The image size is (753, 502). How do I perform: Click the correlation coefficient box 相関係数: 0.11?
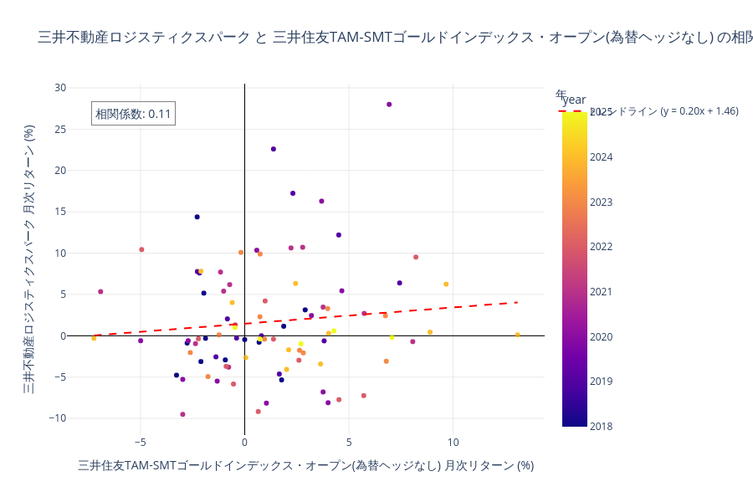pos(133,114)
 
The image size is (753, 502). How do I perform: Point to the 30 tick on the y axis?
pos(60,87)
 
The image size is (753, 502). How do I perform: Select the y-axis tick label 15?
pos(60,212)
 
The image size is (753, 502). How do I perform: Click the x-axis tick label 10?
pos(453,442)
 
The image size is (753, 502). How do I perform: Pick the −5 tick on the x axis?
pos(140,442)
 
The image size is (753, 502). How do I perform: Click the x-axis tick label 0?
pos(244,442)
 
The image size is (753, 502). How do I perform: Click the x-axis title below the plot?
pos(305,465)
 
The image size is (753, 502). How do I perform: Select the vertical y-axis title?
pos(28,259)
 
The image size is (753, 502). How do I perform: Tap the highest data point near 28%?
pos(389,105)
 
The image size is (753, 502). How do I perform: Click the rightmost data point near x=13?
pos(517,335)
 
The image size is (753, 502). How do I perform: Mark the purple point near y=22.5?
pos(274,149)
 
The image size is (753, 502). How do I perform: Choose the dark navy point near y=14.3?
pos(197,217)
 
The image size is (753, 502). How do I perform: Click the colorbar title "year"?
pos(574,100)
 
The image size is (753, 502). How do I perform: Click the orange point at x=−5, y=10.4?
pos(141,249)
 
